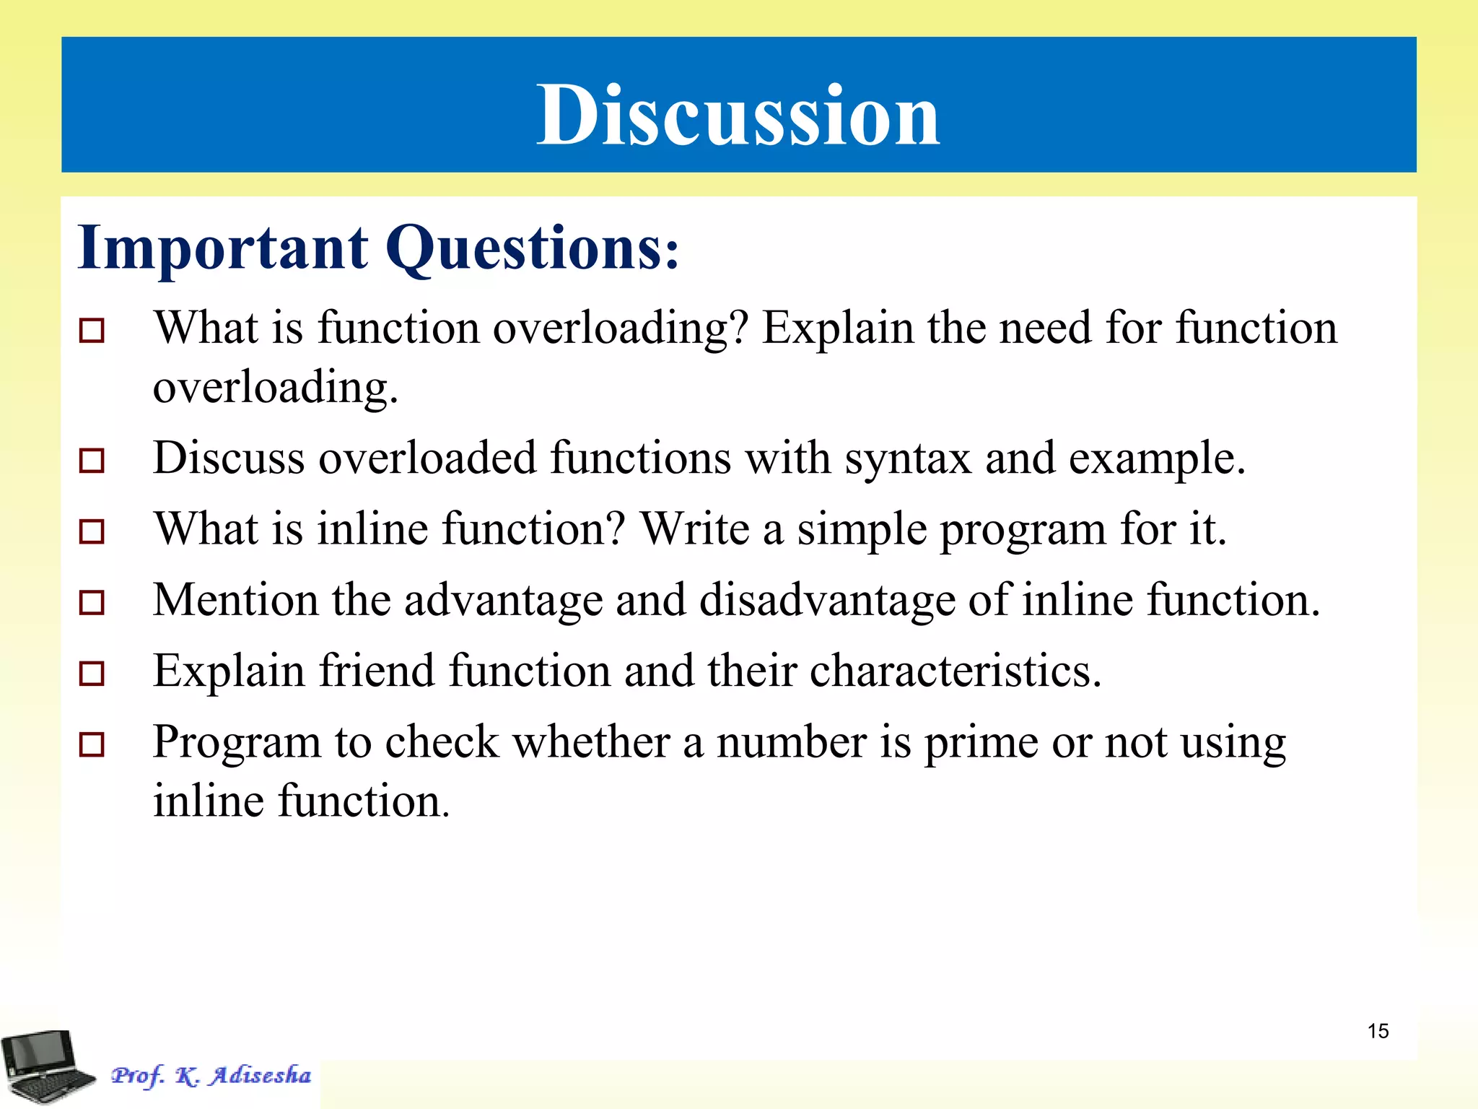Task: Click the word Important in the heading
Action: [223, 248]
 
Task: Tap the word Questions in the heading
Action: [531, 248]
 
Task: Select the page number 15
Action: [1378, 1031]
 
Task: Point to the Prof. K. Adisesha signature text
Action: [211, 1075]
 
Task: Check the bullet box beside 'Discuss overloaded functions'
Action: [92, 460]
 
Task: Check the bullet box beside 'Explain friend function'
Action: [92, 673]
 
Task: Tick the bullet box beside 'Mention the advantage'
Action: [92, 602]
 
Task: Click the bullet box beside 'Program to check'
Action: [92, 744]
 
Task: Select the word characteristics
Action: [956, 671]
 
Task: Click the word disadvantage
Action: [827, 601]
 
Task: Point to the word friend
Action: [377, 671]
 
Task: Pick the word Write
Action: [695, 529]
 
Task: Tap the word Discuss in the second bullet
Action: [229, 458]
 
